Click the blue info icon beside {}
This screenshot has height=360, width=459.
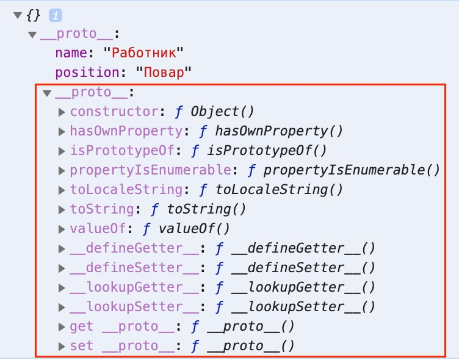coord(56,15)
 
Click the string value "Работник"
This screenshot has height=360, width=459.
coord(143,53)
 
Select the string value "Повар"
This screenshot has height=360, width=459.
coord(164,72)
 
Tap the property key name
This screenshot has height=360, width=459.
coord(71,53)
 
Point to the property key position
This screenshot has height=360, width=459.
coord(87,73)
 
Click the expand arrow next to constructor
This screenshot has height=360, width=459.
coord(62,112)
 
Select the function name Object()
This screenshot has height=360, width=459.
coord(222,112)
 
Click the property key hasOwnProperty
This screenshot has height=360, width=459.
coord(126,131)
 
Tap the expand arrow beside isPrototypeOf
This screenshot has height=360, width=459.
coord(62,151)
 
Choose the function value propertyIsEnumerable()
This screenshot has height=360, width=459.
coord(352,170)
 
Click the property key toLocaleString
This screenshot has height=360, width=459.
coord(126,190)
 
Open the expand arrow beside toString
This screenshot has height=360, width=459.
coord(62,210)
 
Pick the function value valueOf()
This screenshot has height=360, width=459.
coord(194,229)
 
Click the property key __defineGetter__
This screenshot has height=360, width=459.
coord(134,248)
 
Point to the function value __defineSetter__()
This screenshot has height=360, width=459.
coord(303,268)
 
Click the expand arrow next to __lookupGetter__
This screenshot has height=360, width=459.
coord(62,288)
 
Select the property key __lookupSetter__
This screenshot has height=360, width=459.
coord(134,307)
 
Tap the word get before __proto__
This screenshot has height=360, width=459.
coord(82,326)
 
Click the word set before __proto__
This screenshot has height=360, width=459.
coord(82,346)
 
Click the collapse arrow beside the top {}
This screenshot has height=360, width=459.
coord(18,15)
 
